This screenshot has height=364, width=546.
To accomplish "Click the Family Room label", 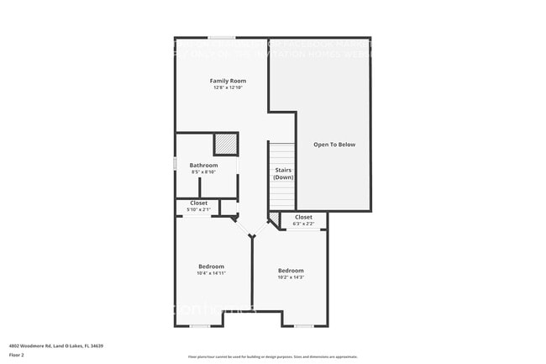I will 222,81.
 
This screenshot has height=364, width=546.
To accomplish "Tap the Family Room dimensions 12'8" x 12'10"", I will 222,87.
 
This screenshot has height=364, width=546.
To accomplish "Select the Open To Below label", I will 334,145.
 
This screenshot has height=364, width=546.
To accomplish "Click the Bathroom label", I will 203,166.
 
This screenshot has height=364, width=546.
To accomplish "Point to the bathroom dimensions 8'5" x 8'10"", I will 203,172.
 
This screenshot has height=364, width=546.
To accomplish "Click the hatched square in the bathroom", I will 225,144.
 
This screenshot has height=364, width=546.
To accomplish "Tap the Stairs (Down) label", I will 283,174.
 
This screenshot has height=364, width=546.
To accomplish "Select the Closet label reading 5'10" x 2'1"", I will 198,203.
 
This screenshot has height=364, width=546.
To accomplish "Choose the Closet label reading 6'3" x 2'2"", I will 303,218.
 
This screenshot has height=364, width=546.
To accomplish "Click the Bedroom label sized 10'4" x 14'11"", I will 211,266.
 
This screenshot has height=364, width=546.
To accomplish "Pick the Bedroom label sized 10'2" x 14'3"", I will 291,271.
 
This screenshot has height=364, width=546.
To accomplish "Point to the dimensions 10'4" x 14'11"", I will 211,273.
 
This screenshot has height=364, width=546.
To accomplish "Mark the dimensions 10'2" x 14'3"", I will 291,277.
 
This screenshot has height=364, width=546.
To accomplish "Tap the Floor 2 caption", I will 17,356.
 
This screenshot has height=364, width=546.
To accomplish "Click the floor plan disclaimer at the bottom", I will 272,356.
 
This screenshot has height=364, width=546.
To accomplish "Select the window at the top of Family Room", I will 222,38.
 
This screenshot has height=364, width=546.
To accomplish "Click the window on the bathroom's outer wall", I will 175,164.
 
